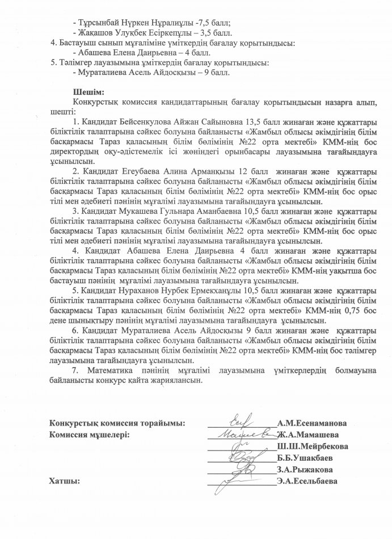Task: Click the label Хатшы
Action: (x=64, y=482)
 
